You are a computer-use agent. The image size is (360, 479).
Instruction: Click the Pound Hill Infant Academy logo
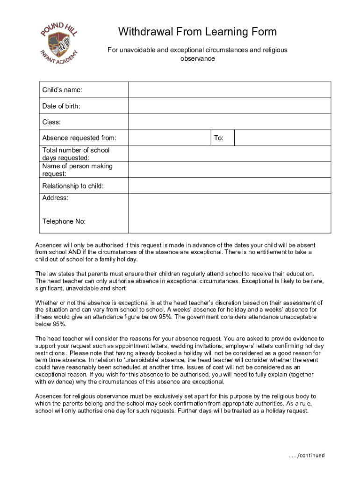(x=58, y=44)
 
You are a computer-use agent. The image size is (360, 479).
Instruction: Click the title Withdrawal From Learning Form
(x=197, y=32)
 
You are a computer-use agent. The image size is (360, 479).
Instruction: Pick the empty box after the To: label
(x=282, y=138)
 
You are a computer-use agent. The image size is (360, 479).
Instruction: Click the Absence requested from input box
(x=170, y=138)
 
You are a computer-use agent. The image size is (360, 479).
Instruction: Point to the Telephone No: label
(x=64, y=221)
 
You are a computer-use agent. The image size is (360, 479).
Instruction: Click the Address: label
(x=55, y=198)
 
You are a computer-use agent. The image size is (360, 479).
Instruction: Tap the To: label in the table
(x=218, y=138)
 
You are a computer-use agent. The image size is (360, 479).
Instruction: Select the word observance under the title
(x=197, y=59)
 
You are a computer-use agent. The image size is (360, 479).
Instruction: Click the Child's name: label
(x=62, y=90)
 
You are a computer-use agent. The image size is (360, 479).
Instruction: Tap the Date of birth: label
(x=61, y=106)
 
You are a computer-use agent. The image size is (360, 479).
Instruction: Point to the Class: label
(x=51, y=122)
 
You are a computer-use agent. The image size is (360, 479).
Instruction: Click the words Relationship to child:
(x=73, y=186)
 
